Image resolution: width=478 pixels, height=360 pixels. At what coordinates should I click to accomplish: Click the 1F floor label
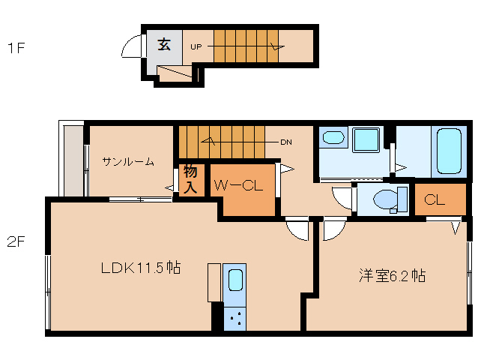[16, 49]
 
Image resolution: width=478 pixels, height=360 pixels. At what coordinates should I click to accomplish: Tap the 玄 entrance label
[164, 44]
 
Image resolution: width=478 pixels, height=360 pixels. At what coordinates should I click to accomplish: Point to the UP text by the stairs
[196, 46]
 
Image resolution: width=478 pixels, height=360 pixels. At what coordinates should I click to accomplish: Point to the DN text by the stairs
[285, 141]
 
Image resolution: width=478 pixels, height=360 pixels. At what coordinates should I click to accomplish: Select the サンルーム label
[129, 160]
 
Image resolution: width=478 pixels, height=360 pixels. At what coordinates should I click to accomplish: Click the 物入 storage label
[190, 179]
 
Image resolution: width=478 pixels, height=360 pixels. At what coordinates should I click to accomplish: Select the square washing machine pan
[367, 140]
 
